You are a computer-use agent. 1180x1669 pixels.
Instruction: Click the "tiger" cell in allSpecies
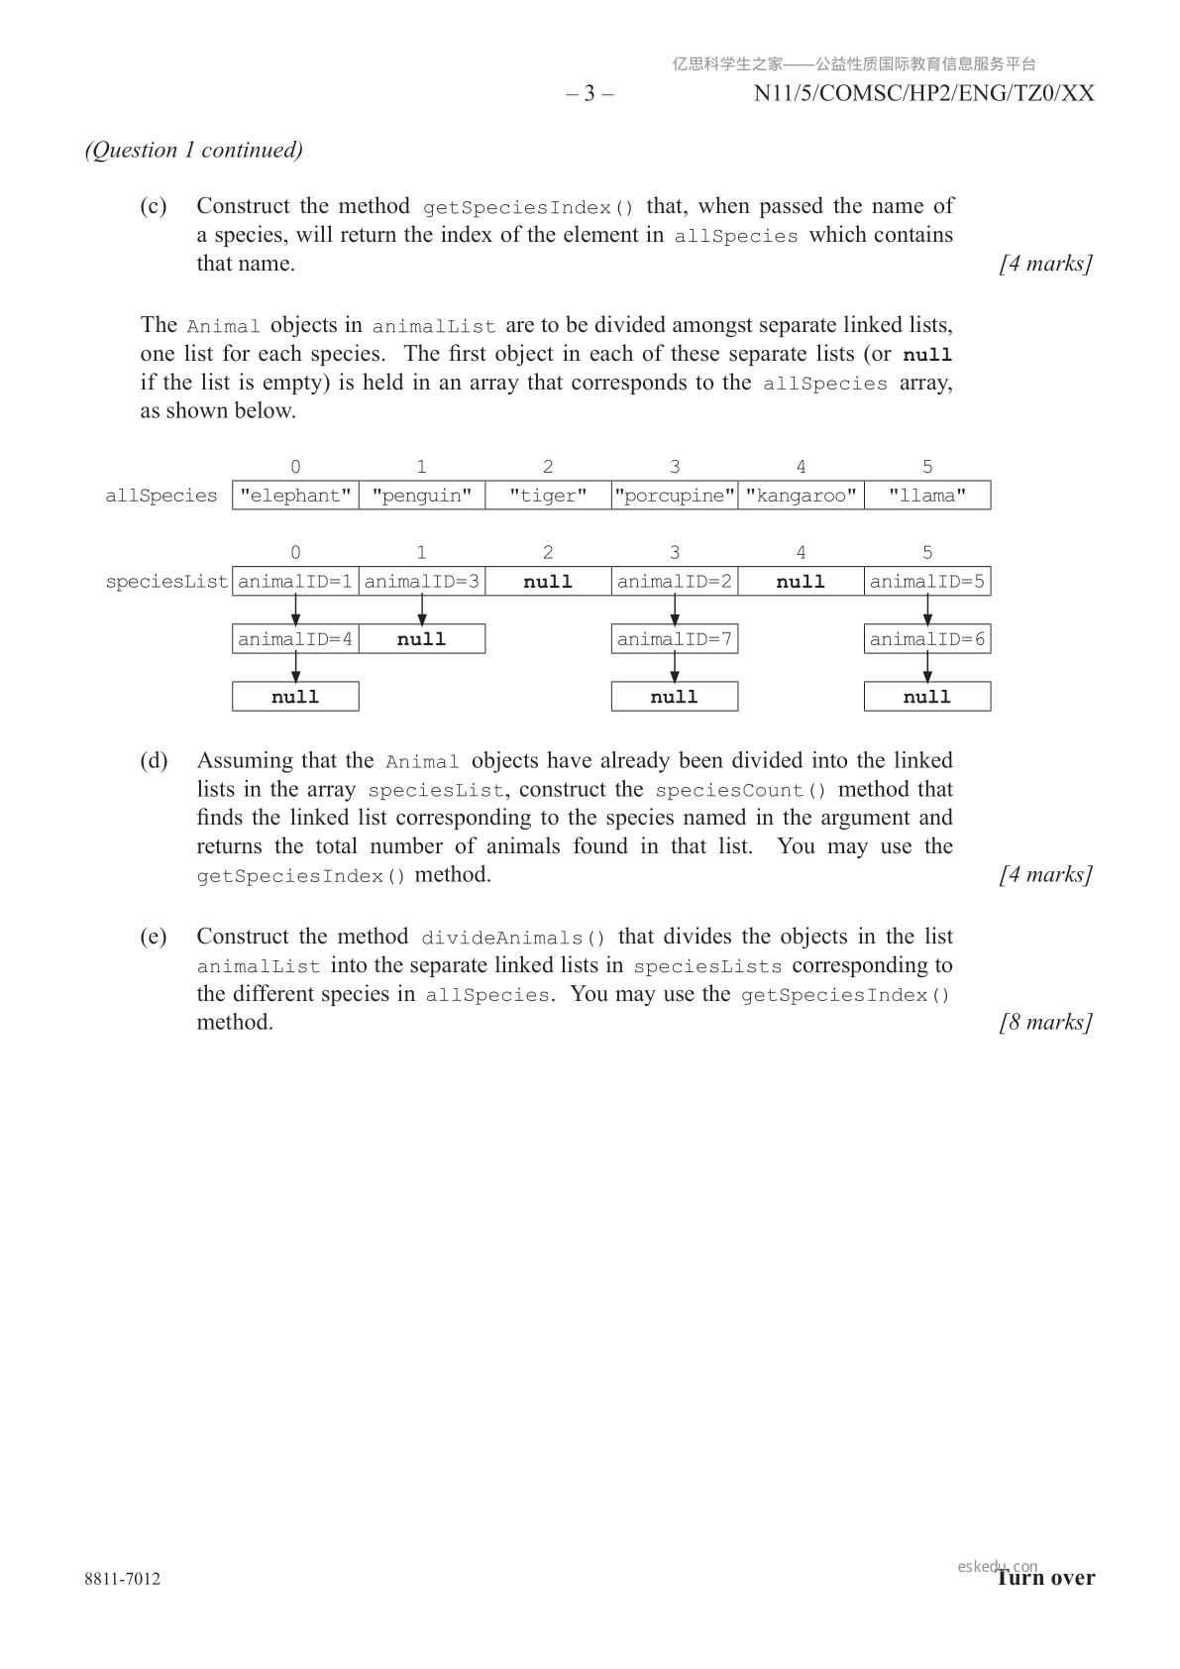548,496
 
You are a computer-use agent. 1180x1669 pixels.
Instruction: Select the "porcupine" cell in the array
675,496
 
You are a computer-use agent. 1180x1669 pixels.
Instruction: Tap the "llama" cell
927,496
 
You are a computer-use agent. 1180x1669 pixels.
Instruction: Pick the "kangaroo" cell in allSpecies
801,496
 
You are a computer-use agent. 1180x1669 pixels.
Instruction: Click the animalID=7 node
675,639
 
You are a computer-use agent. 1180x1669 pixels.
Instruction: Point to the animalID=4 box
295,639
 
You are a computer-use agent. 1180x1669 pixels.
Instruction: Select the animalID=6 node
927,639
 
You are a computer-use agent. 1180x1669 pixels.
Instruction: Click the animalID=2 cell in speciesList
675,582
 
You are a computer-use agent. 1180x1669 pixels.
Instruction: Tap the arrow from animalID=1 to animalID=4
295,611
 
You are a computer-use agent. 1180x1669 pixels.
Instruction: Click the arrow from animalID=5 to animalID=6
927,611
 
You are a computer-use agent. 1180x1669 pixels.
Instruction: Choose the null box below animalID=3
422,639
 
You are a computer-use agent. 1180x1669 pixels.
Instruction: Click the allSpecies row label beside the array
161,496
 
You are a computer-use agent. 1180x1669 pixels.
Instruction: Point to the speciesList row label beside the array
166,582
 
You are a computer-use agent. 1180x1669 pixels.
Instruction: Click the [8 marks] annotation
1046,1022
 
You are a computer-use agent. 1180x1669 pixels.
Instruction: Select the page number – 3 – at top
590,93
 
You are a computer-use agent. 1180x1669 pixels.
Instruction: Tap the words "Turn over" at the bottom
1046,1578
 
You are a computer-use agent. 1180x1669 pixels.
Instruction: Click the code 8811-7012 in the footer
123,1579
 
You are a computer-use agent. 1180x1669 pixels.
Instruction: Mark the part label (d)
154,760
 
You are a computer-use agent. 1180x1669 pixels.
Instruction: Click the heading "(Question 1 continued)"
194,150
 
